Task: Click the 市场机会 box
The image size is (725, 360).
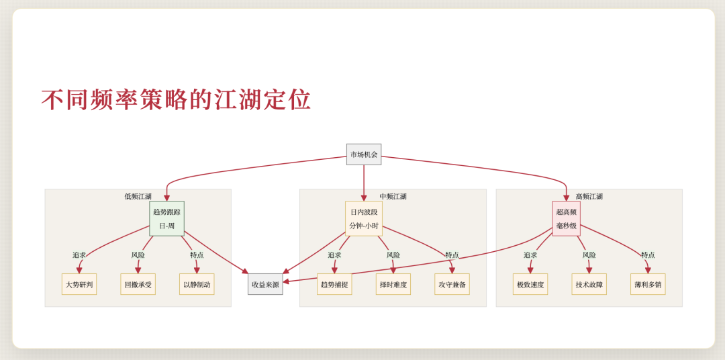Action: coord(364,154)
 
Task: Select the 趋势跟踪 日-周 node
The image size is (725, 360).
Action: coord(166,218)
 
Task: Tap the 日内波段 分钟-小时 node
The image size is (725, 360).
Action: coord(364,218)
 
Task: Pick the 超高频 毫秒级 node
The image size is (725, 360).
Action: coord(566,218)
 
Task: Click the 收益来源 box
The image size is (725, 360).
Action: coord(265,284)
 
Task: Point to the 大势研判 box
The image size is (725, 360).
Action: coord(79,284)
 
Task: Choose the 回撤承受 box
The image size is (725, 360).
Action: coord(138,284)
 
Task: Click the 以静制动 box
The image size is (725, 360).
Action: coord(197,284)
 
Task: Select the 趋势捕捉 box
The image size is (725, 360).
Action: coord(334,284)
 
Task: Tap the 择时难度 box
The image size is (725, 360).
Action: coord(393,284)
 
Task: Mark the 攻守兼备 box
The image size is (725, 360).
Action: coord(452,284)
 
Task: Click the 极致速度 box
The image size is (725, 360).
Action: coord(530,284)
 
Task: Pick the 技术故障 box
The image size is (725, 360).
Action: coord(589,284)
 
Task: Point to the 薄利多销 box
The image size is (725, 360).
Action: coord(648,284)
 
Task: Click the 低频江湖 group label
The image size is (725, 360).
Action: coord(138,196)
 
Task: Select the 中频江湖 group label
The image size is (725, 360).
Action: coord(393,196)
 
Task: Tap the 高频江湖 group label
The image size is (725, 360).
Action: coord(589,196)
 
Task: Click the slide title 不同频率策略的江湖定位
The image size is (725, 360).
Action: coord(176,99)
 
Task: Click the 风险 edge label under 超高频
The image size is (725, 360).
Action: coord(589,255)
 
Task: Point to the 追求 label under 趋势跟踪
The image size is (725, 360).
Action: coord(79,255)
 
